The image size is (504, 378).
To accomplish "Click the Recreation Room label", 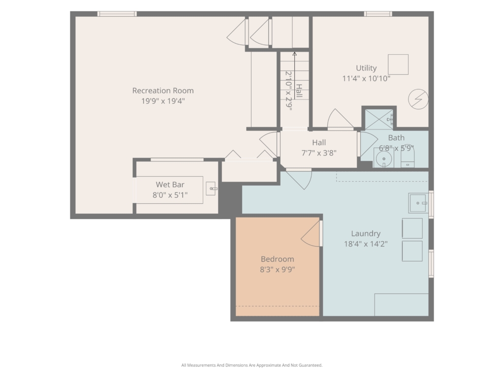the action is (163, 91).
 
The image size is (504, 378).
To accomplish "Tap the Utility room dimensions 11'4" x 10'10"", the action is (366, 78).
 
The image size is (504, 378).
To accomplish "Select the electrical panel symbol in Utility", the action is (418, 99).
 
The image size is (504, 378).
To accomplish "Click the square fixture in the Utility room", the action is (398, 64).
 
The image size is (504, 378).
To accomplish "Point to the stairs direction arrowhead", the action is (294, 54).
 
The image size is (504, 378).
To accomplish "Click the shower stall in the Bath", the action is (379, 120).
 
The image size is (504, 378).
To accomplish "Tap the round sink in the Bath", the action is (384, 158).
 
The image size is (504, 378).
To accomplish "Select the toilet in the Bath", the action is (408, 156).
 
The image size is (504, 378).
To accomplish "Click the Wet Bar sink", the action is (211, 189).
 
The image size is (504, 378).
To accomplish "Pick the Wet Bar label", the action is (170, 185).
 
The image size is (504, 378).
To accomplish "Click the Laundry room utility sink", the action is (418, 203).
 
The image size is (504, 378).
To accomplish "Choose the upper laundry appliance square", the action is (412, 228).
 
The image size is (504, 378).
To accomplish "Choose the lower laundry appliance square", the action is (412, 251).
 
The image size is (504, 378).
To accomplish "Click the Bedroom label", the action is (278, 259).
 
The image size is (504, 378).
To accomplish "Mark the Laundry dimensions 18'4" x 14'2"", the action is (366, 244).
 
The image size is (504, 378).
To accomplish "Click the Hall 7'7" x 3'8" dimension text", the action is (319, 153).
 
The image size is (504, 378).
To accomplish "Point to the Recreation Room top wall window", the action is (117, 14).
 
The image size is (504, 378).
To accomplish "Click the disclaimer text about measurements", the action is (252, 365).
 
